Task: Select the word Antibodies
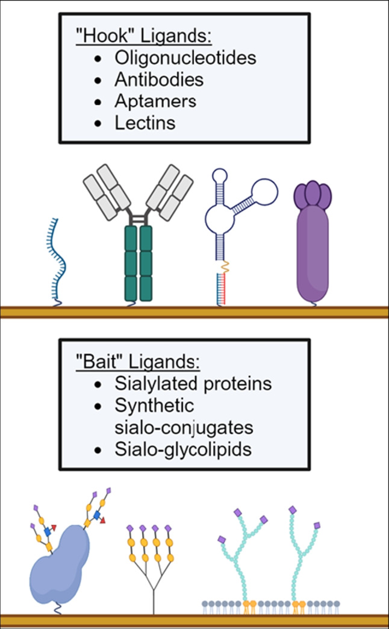pos(158,80)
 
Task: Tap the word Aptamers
pos(155,101)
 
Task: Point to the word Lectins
pos(145,123)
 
